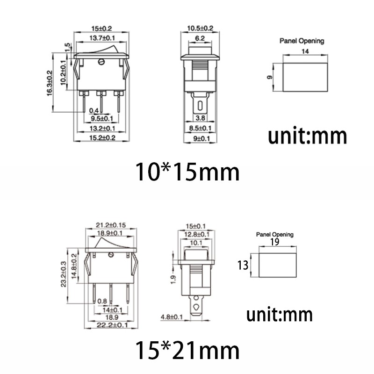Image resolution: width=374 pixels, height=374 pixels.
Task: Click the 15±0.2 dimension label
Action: click(x=101, y=29)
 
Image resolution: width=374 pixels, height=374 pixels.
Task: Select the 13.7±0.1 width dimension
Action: click(x=102, y=38)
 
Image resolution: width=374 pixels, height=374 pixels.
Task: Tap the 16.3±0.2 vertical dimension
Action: click(x=50, y=83)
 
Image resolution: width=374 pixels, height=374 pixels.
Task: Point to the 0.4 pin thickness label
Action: click(x=94, y=111)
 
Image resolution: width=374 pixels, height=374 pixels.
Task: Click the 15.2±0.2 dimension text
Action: click(x=102, y=138)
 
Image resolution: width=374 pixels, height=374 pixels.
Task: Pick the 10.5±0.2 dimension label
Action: click(x=200, y=29)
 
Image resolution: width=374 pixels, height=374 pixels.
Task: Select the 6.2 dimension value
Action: click(x=200, y=38)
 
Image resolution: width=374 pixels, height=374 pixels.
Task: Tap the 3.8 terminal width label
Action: click(x=200, y=118)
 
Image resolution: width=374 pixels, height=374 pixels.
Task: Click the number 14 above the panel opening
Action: click(x=305, y=51)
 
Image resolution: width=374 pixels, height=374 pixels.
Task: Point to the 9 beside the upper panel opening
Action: click(x=270, y=77)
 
